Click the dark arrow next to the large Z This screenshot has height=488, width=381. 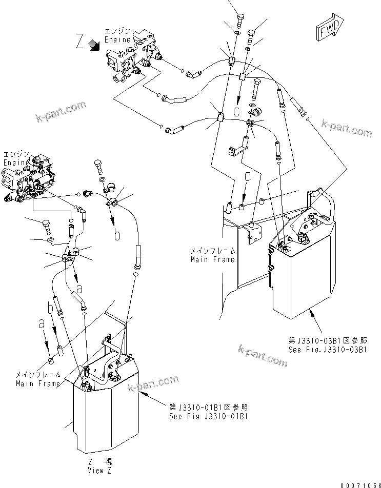(x=94, y=46)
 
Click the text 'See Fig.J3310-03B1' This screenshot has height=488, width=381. (x=326, y=350)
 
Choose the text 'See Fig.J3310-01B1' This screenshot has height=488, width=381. (x=209, y=416)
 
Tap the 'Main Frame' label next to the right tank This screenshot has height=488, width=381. (x=212, y=255)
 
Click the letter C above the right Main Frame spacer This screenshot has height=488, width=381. (x=248, y=179)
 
